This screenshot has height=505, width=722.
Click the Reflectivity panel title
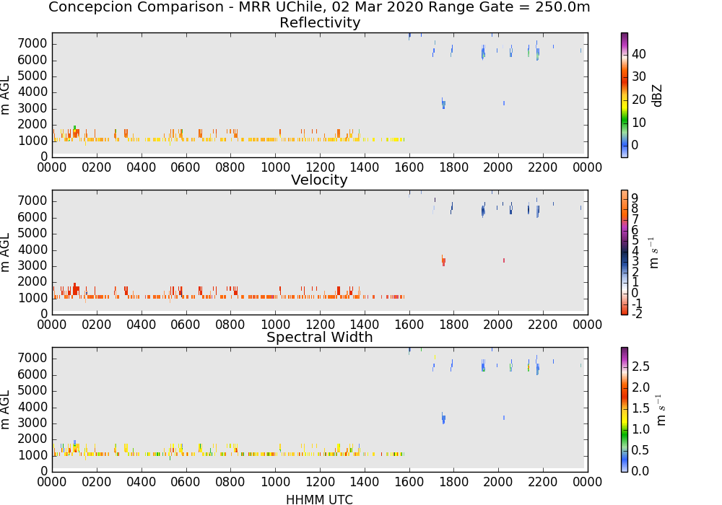(320, 22)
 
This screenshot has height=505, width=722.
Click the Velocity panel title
(319, 180)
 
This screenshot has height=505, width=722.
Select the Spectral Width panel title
(320, 337)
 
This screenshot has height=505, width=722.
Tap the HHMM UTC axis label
(319, 499)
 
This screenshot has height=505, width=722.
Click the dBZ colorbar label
(658, 96)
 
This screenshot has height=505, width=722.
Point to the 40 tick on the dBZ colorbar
(638, 54)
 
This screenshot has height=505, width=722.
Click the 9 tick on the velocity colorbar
(635, 198)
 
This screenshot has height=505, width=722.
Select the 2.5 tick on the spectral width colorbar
(640, 366)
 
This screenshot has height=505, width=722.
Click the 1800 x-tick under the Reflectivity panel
(453, 167)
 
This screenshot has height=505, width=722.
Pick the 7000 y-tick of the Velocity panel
(32, 201)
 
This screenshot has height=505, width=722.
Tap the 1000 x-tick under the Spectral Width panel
(275, 481)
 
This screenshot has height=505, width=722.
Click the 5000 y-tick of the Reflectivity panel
(32, 76)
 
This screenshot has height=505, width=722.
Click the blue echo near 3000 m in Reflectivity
(443, 103)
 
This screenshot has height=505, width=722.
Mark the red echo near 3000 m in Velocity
(443, 260)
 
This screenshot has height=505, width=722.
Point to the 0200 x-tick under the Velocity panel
(96, 324)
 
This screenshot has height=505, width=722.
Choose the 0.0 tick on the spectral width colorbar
(640, 471)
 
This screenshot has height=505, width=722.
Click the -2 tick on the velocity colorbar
(636, 314)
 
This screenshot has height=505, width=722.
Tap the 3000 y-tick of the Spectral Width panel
(32, 423)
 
